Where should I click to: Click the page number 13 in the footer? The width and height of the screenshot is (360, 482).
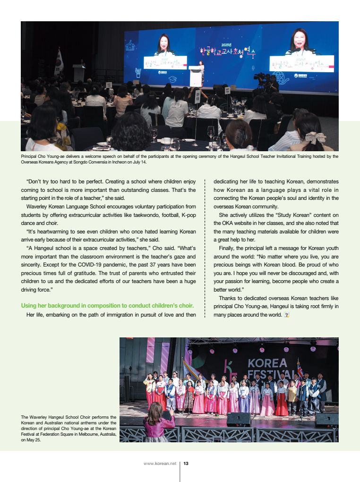(x=186, y=464)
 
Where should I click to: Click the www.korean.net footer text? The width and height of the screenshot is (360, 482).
(x=160, y=464)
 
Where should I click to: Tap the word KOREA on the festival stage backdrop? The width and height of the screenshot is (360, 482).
(x=267, y=363)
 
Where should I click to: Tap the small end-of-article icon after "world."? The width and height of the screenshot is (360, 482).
(x=286, y=314)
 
